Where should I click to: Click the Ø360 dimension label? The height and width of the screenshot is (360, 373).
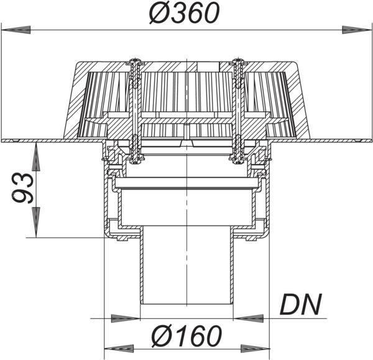[x=184, y=13]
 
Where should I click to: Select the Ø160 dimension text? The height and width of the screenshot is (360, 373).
[x=186, y=336]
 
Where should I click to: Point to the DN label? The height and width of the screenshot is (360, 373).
[x=301, y=304]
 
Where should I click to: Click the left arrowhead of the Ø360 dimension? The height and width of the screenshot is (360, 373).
[x=16, y=30]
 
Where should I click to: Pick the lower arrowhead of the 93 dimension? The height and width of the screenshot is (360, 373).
[x=36, y=222]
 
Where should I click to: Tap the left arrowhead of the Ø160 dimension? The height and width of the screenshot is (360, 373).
[x=119, y=349]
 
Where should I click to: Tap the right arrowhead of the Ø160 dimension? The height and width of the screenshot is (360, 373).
[x=255, y=349]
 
